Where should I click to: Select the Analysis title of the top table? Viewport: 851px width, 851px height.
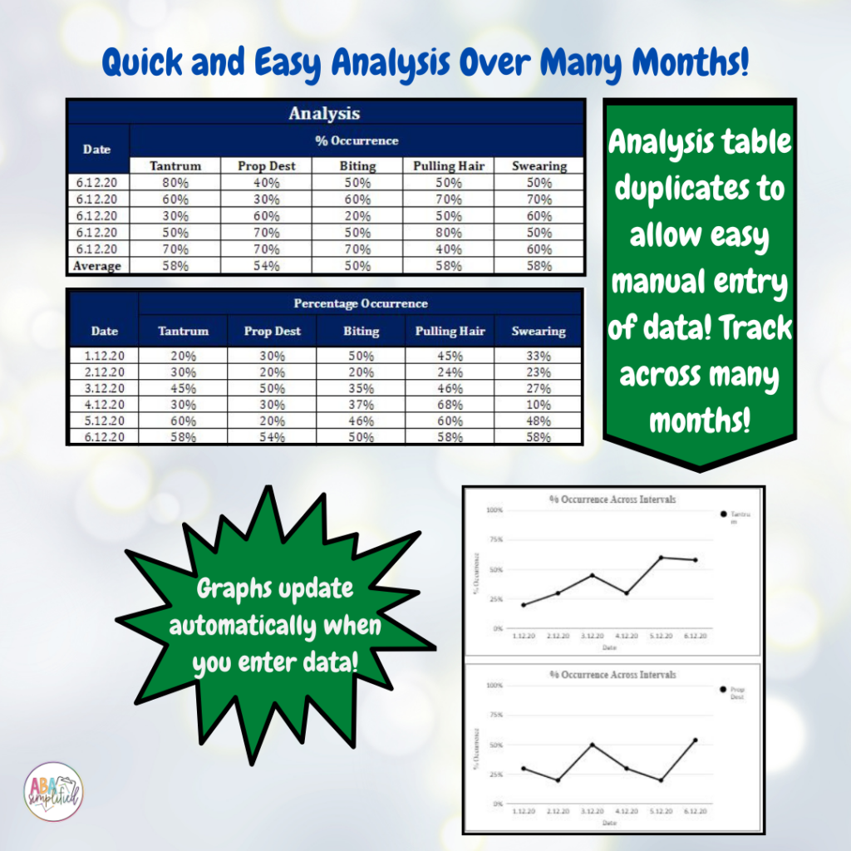[324, 113]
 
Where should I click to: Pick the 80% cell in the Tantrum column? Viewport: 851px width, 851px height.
[175, 182]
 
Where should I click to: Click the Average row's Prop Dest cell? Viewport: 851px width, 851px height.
[267, 266]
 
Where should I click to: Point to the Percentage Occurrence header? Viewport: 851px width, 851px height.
[361, 303]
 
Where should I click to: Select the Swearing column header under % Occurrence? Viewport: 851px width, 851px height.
[539, 165]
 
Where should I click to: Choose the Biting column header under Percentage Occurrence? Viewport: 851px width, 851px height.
[361, 331]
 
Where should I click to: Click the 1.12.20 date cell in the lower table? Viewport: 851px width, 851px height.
[104, 355]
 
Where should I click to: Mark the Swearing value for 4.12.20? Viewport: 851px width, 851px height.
[539, 405]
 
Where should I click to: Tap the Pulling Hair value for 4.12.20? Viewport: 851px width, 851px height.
[450, 405]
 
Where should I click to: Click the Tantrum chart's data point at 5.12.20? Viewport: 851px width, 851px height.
[662, 558]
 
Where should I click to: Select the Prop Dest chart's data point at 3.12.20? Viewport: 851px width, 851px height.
[593, 745]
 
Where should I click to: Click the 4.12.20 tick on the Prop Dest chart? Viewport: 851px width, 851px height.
[627, 810]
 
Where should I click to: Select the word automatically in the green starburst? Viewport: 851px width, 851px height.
[275, 625]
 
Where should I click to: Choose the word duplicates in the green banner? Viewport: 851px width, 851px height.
[698, 189]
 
